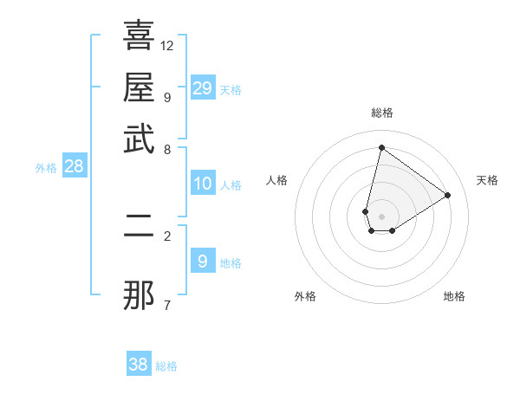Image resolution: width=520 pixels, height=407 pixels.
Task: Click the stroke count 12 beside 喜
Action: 167,45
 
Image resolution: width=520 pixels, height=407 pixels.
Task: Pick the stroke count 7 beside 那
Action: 167,305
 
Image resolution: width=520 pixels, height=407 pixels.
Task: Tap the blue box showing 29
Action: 203,87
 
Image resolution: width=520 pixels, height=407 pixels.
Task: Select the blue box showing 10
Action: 203,184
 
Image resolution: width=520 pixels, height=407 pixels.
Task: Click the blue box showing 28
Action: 74,167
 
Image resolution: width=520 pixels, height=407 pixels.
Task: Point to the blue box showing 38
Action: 139,365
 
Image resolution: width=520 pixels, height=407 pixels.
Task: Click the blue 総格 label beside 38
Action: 167,366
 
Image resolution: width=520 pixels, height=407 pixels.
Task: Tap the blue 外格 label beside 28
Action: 46,168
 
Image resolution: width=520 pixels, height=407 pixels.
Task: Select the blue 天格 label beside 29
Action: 231,90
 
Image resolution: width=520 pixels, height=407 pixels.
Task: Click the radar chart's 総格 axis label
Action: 382,113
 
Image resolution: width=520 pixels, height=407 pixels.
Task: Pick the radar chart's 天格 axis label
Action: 487,180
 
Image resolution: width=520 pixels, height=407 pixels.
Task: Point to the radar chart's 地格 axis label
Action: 454,296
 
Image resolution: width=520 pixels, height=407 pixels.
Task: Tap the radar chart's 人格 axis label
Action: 277,180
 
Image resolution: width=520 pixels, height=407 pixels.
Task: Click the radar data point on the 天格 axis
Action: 448,195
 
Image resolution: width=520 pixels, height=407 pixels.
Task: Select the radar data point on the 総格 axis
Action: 381,147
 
